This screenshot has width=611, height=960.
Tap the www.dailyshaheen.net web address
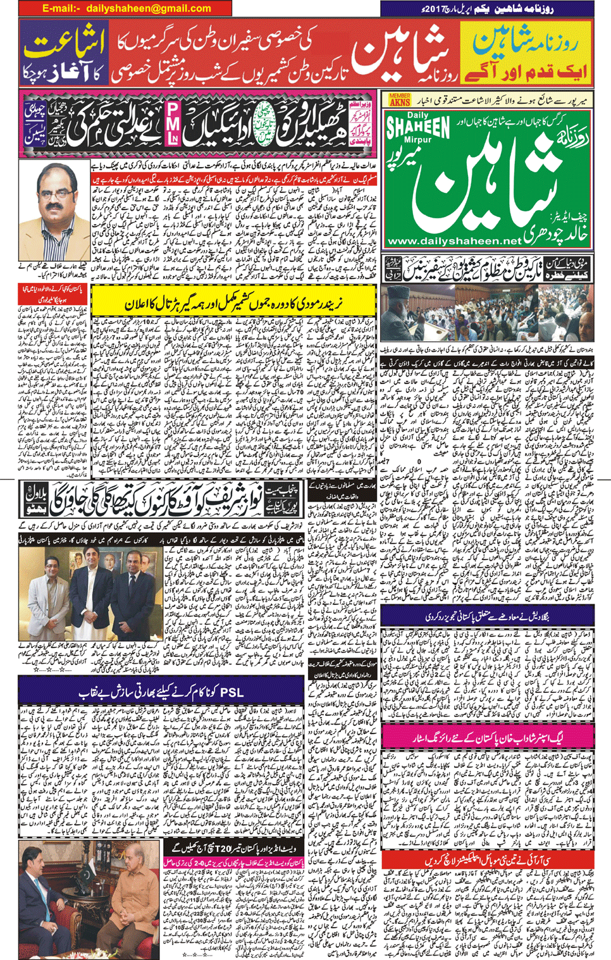pyautogui.click(x=455, y=241)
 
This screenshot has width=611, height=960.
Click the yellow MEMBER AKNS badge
pyautogui.click(x=400, y=99)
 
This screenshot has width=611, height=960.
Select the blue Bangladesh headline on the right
pyautogui.click(x=487, y=615)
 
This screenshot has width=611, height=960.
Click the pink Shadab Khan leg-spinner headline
pyautogui.click(x=487, y=737)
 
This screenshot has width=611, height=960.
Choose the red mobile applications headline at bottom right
pyautogui.click(x=487, y=861)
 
